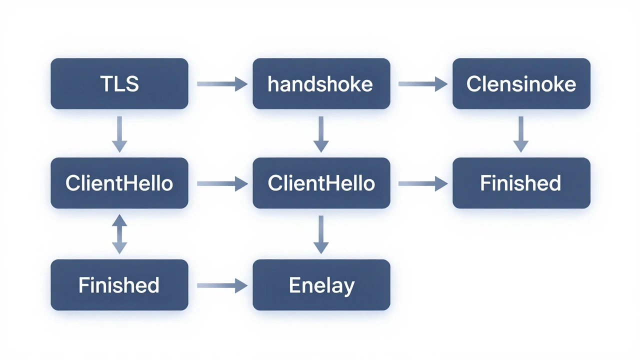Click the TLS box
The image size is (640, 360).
coord(119,83)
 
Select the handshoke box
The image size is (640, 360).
coord(321,83)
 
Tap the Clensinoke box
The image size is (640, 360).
coord(521,83)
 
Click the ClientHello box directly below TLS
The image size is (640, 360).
coord(119,183)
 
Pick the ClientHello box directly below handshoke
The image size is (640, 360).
coord(321,183)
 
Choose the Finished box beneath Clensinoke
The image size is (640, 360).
coord(521,183)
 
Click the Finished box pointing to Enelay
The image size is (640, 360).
coord(119,285)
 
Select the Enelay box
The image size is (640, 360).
coord(321,285)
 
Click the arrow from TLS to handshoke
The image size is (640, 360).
coord(222,84)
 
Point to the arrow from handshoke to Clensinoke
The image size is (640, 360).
coord(423,84)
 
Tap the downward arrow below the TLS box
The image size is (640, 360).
coord(119,134)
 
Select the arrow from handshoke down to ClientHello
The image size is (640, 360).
coord(321,134)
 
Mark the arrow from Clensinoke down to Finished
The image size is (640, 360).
coord(521,134)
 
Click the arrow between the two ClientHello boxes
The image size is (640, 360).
coord(222,183)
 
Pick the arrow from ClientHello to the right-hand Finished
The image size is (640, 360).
coord(423,183)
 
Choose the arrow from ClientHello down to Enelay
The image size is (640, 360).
coord(321,234)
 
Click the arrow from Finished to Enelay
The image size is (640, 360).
coord(222,285)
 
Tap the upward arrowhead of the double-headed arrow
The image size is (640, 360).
coord(119,220)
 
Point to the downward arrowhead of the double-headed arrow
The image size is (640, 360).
coord(119,248)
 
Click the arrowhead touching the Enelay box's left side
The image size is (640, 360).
coord(241,285)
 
